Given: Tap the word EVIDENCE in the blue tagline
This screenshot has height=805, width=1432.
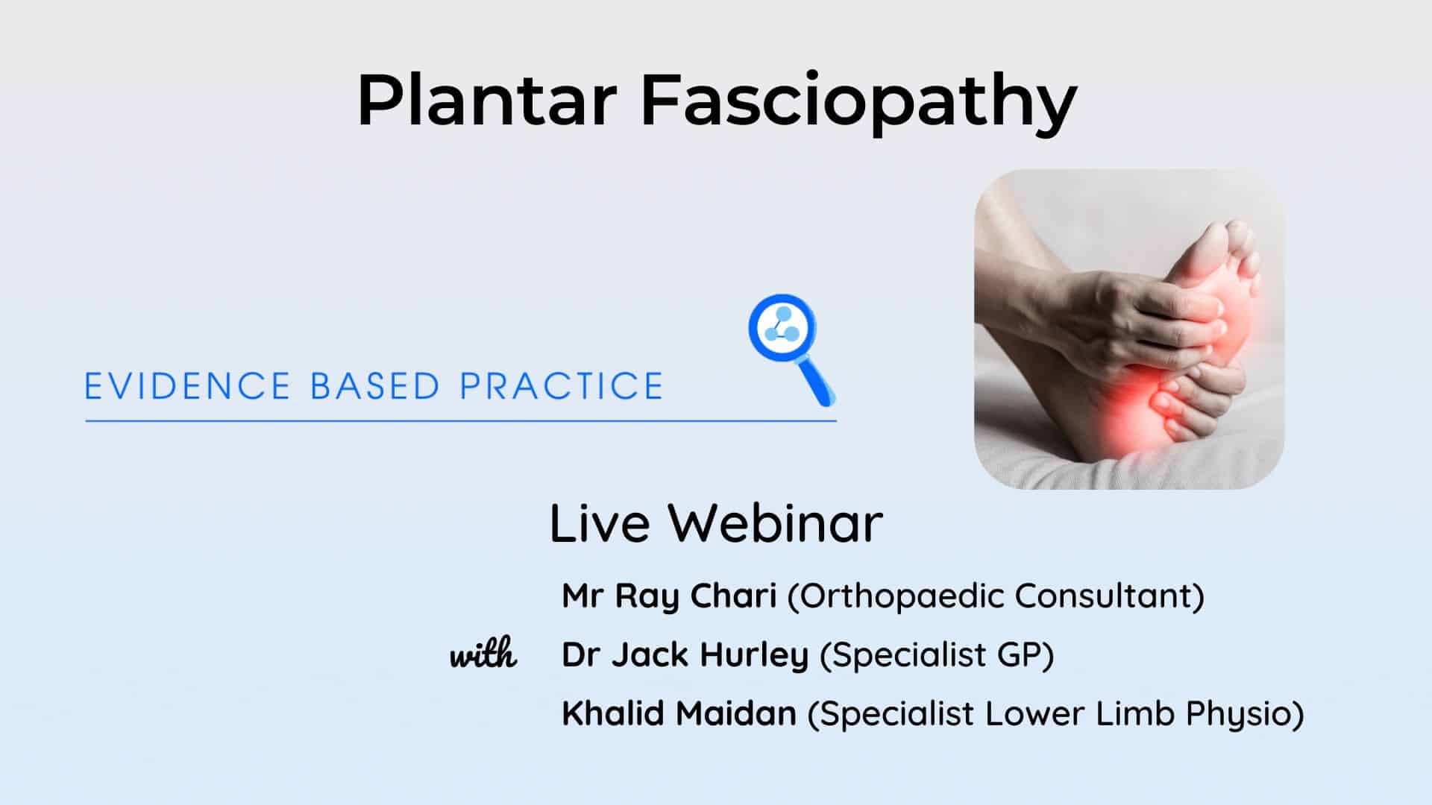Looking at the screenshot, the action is click(x=187, y=386).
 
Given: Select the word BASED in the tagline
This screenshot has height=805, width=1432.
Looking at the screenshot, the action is click(x=374, y=386).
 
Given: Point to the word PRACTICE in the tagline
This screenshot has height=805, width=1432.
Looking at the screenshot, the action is click(x=561, y=386).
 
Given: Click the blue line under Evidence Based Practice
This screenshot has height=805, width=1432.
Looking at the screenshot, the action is click(x=461, y=421).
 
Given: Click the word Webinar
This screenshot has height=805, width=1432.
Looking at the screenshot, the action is click(x=776, y=523).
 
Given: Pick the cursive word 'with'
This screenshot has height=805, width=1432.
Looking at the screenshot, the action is click(x=483, y=655).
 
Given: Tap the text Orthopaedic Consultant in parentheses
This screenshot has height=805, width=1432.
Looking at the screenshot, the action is click(x=996, y=596).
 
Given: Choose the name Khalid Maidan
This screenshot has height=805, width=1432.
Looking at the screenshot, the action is click(x=679, y=713).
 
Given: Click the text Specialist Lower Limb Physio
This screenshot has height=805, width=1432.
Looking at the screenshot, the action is click(x=1056, y=714).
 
